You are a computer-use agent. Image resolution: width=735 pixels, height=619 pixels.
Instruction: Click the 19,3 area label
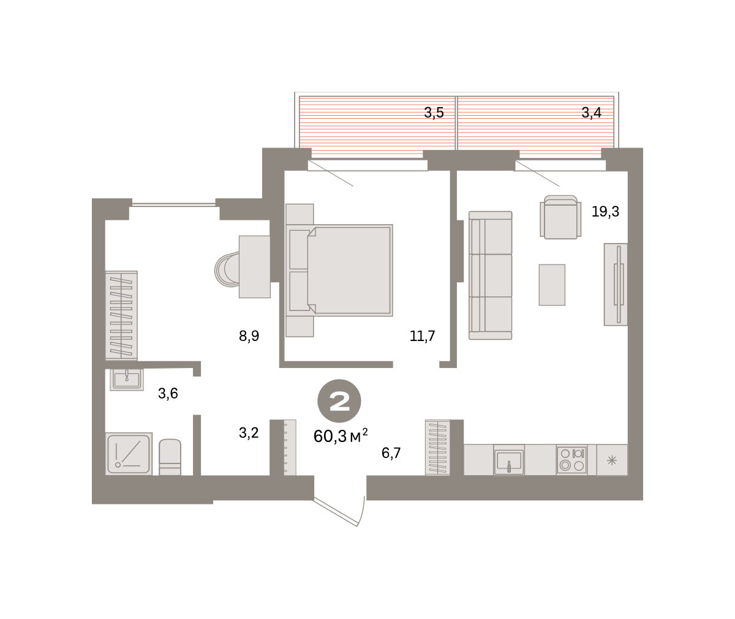coord(605,212)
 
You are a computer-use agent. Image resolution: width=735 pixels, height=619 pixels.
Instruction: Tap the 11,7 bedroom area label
coord(422,336)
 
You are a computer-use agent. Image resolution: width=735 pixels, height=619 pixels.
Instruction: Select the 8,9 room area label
coord(249,336)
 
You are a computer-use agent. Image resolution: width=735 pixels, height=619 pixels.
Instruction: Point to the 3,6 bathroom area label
coord(168,394)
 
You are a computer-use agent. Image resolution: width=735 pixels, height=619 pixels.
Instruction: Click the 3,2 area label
coord(249,433)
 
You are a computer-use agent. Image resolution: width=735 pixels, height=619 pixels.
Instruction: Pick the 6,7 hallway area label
coord(391,453)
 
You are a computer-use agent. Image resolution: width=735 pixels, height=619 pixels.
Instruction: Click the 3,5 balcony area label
coord(434,113)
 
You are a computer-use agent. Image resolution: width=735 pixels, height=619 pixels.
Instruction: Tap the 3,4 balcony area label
coord(592,113)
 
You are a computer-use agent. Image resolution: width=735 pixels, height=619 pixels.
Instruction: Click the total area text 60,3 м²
coord(341,437)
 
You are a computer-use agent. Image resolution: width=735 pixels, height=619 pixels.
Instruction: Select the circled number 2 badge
coord(339,401)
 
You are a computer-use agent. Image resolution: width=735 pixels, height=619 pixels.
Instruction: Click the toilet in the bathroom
coord(170,457)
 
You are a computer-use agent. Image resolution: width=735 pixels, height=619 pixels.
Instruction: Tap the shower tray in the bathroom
coord(129,454)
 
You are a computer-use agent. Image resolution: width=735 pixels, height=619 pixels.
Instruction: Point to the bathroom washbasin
coord(127,380)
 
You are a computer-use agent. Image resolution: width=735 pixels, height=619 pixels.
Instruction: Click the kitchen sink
coord(509,460)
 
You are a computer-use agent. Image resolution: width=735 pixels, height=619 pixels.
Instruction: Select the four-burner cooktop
coord(571,460)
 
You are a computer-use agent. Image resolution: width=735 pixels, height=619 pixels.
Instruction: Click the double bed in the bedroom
coord(339,270)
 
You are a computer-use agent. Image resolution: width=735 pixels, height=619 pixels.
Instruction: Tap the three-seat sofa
coord(491,275)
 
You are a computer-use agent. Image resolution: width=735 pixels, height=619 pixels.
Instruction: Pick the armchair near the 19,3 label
coord(561,217)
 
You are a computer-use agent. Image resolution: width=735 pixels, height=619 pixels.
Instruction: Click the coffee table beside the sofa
coord(552,285)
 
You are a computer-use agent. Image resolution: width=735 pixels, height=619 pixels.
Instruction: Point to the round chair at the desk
coord(227,270)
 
